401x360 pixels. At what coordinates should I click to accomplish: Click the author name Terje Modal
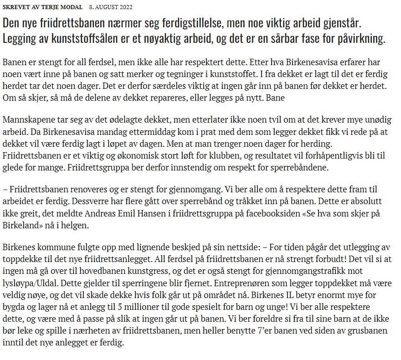pos(64,7)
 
